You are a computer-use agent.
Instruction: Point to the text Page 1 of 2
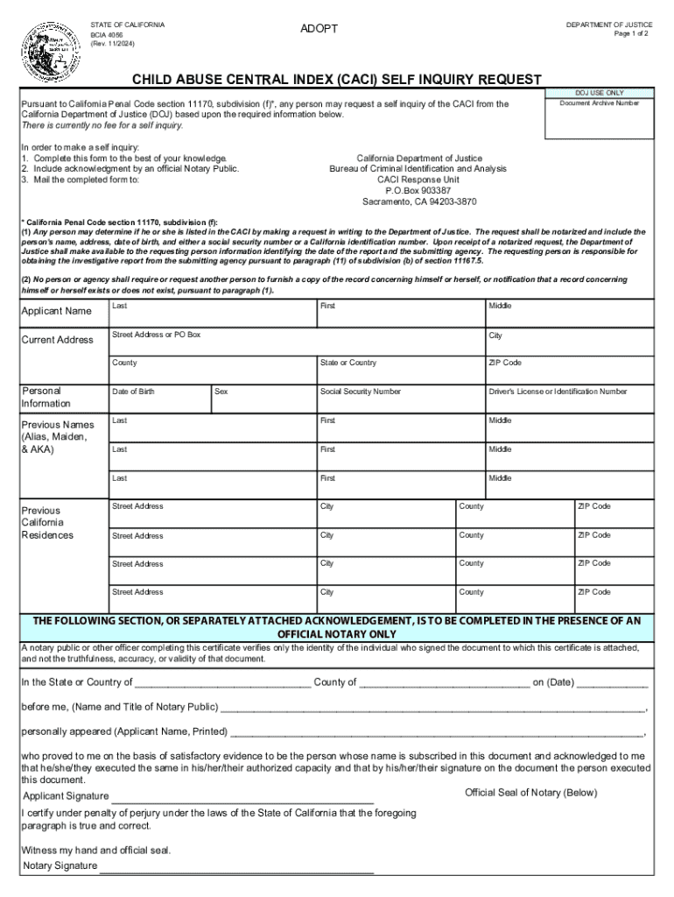[x=633, y=33]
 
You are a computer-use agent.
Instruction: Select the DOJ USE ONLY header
[x=600, y=92]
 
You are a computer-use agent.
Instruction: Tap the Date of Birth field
[x=159, y=399]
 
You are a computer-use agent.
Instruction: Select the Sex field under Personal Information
[x=263, y=399]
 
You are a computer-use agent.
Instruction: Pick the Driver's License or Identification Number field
[x=569, y=399]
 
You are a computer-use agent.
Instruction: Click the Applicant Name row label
[x=56, y=312]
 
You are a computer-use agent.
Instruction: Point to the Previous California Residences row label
[x=47, y=522]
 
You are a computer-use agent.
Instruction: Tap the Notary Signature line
[x=236, y=866]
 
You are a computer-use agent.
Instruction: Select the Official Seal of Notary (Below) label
[x=530, y=793]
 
